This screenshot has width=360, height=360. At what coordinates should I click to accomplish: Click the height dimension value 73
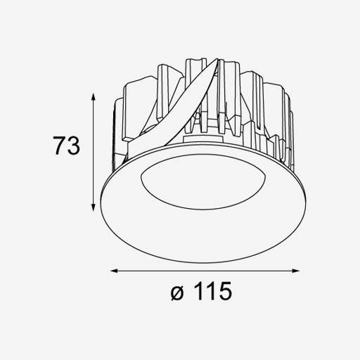coord(66,146)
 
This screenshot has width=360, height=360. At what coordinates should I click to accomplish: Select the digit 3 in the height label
coord(73,146)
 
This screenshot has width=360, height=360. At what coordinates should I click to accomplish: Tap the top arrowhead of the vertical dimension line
coord(94,96)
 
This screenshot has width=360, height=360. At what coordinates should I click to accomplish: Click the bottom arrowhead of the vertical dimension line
coord(94,207)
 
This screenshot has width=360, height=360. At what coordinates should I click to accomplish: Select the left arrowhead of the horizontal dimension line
coord(114,271)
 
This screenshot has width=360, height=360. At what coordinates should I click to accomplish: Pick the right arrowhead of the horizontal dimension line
coord(296,271)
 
